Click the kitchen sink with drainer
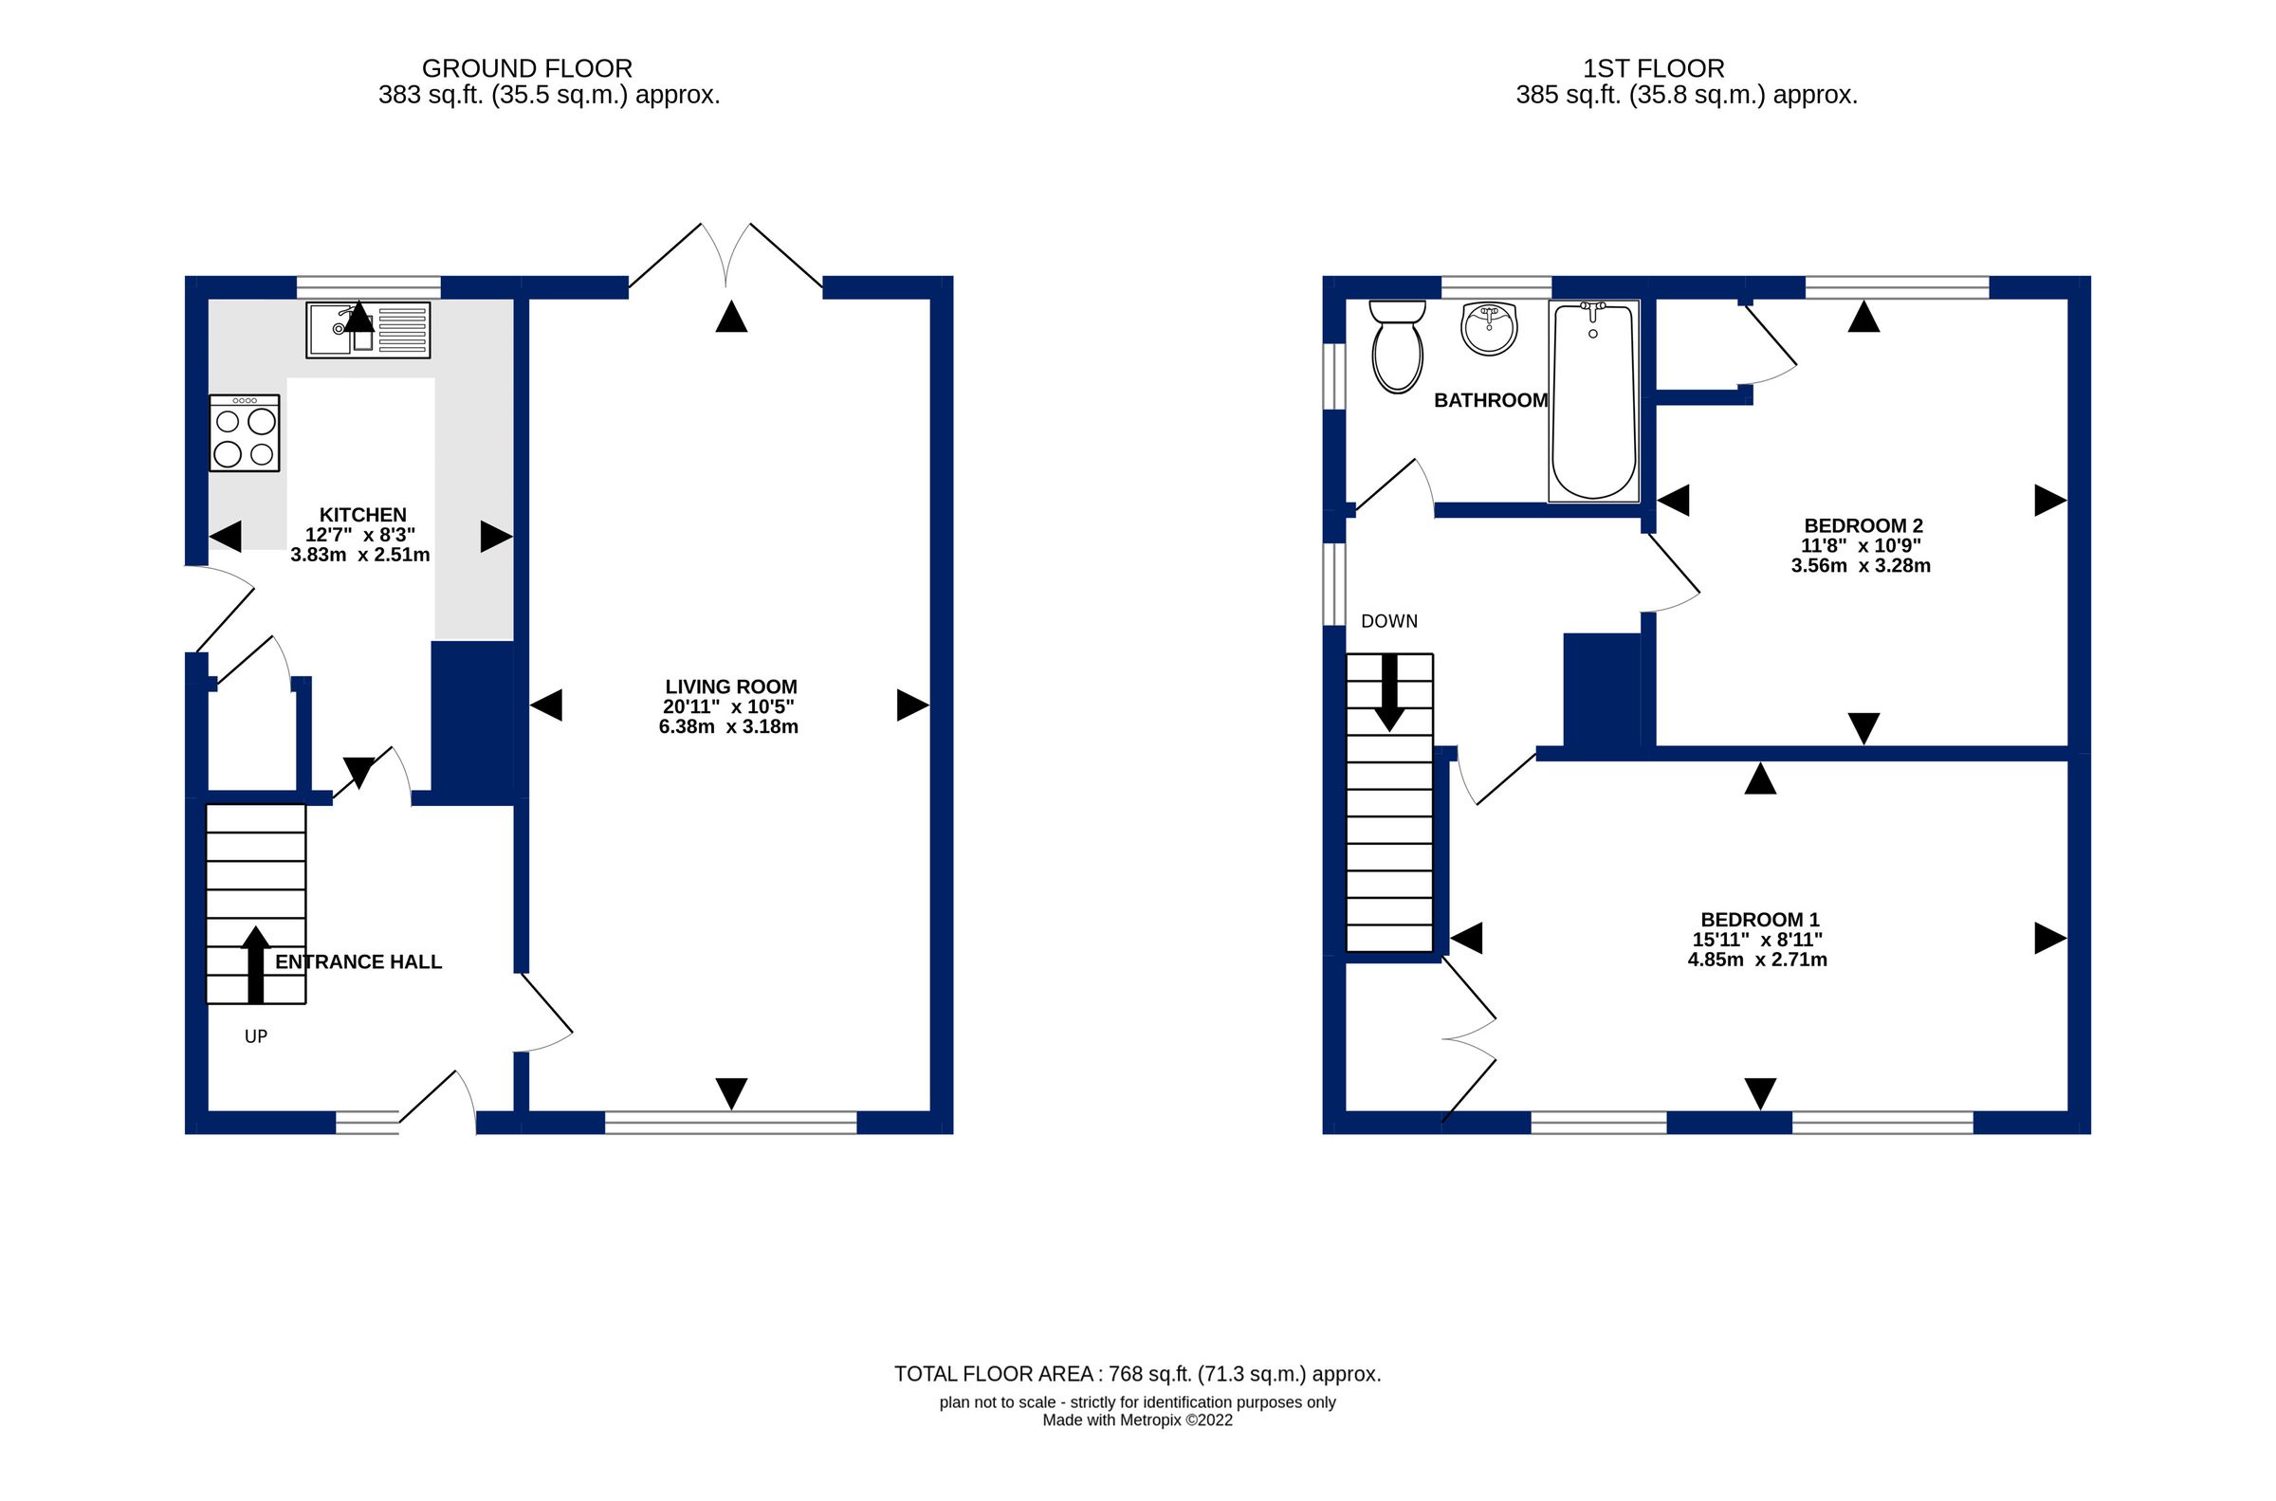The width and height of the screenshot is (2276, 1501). (x=368, y=330)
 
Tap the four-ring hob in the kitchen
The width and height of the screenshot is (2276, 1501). (x=244, y=432)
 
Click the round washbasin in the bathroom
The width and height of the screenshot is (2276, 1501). (x=1488, y=327)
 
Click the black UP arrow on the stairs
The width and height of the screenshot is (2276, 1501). (x=254, y=964)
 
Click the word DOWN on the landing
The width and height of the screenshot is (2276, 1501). (x=1388, y=621)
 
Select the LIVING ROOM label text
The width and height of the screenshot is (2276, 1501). (x=730, y=686)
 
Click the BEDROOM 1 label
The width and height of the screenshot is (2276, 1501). (x=1759, y=919)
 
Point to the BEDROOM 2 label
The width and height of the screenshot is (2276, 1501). (x=1863, y=525)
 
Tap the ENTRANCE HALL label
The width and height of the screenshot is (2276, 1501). (x=358, y=962)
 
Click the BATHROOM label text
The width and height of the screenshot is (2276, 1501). (x=1490, y=400)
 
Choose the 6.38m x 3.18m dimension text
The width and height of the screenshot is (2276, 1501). (x=728, y=726)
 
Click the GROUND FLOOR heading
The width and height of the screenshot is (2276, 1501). (x=526, y=69)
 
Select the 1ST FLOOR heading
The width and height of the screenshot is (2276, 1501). (x=1653, y=69)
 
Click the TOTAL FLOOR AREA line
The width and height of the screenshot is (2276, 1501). (x=1137, y=1374)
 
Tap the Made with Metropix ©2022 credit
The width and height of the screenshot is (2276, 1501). (x=1137, y=1420)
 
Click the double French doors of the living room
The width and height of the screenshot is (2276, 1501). (x=725, y=257)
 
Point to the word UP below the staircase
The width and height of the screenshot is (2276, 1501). (x=255, y=1035)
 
